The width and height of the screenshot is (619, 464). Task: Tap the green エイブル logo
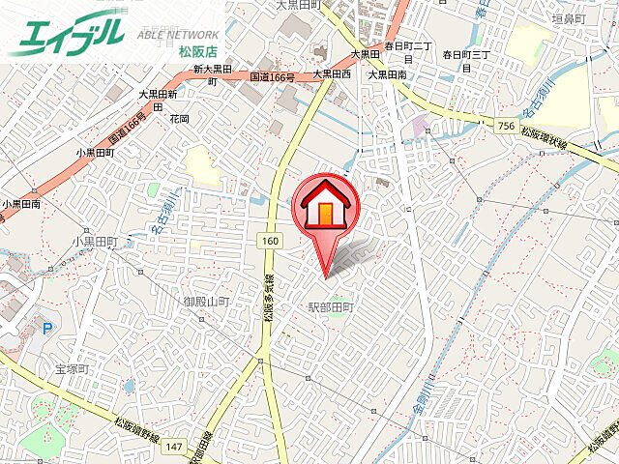point(68,35)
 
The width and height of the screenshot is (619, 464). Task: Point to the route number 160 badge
point(269,239)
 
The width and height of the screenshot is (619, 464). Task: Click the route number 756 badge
point(505,126)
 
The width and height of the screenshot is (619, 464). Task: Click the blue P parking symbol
point(46,328)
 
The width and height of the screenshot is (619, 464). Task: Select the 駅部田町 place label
point(332,307)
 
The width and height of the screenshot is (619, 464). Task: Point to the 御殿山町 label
point(206,302)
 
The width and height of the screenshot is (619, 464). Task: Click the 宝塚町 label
point(72,369)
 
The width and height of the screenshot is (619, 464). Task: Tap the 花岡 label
point(179,118)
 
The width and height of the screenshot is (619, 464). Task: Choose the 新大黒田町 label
point(213,74)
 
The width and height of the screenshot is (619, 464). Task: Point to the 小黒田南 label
point(21,204)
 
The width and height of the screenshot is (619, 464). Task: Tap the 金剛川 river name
point(427,407)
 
